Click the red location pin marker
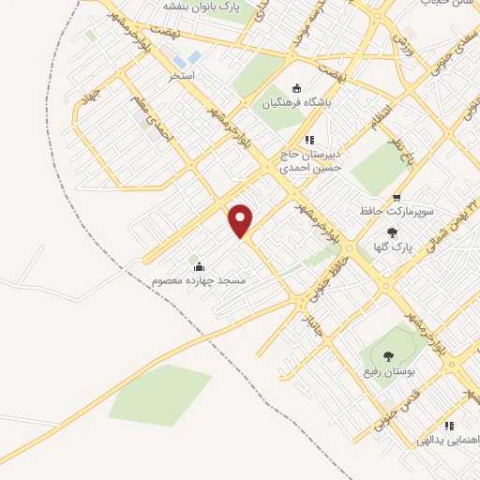point(241,219)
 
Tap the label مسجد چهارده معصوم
point(200,280)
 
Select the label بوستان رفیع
point(389,372)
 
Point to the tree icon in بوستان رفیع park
point(389,355)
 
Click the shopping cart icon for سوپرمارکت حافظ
point(397,198)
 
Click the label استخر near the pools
point(181,74)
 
